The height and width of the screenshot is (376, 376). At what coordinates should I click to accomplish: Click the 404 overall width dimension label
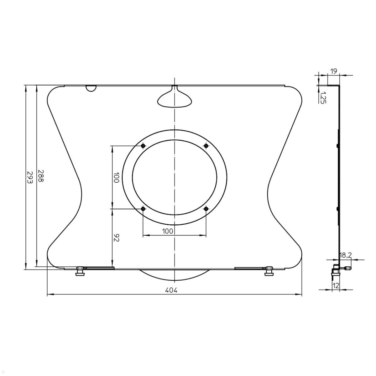tap(171, 290)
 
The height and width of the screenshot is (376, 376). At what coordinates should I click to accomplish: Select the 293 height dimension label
tap(29, 177)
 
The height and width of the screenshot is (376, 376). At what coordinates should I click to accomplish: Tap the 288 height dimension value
tap(41, 176)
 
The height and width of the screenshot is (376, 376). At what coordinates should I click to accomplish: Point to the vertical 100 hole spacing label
tap(116, 178)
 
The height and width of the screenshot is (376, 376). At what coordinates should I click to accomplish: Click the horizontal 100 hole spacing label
tap(168, 231)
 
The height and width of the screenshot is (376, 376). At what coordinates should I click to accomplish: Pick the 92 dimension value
tap(116, 238)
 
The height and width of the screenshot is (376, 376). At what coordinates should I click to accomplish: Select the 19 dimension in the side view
tap(334, 71)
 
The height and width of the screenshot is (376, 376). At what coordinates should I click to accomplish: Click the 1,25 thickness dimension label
tap(323, 97)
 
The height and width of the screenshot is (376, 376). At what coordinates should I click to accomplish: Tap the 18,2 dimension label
tap(345, 256)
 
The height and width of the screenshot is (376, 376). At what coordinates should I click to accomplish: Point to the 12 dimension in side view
tap(336, 286)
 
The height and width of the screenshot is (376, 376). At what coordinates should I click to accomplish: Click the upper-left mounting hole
tap(143, 146)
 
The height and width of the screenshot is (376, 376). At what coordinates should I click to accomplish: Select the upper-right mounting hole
tap(206, 146)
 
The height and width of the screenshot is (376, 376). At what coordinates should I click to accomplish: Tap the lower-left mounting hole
tap(143, 209)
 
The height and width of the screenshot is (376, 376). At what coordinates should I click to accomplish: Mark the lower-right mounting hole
tap(206, 209)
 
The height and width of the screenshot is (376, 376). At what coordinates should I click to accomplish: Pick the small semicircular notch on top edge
tap(91, 88)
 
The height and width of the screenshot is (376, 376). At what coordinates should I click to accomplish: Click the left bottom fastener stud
tap(80, 271)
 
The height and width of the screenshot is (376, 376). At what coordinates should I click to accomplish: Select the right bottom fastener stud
tap(269, 271)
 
